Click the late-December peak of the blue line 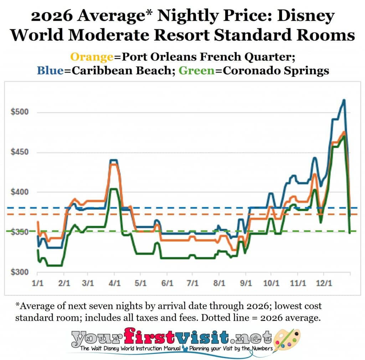coord(344,101)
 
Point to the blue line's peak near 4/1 coord(114,160)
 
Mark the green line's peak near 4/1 coord(113,189)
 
